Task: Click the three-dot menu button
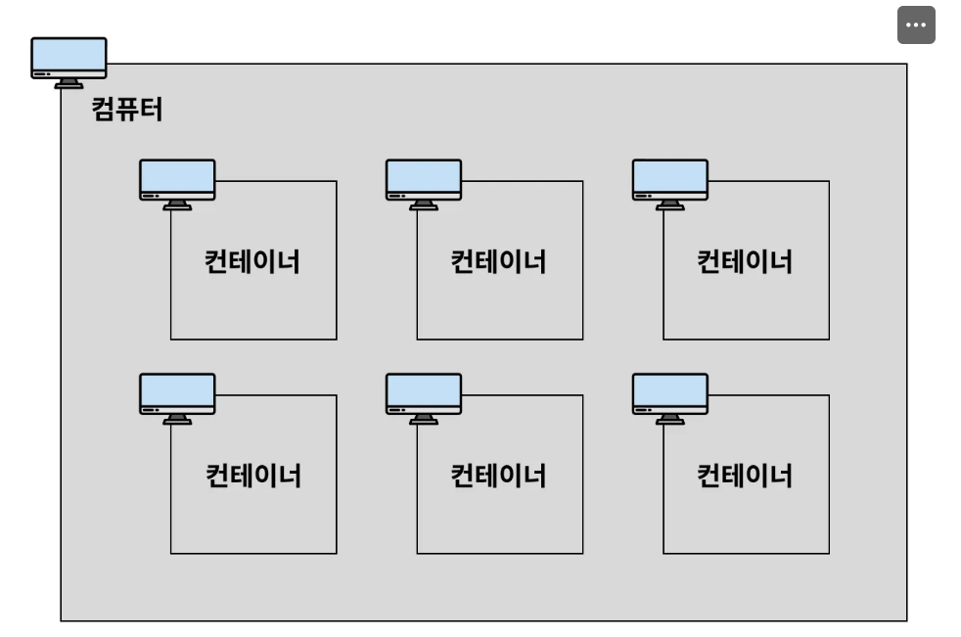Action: tap(916, 26)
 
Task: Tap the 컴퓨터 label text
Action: tap(127, 108)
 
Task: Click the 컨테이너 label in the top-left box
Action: tap(252, 262)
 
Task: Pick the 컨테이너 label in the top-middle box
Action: tap(498, 262)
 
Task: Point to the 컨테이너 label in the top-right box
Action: tap(744, 262)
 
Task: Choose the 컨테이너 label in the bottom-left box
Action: tap(252, 477)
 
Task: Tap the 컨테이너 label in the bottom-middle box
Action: tap(498, 477)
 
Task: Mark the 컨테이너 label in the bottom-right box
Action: tap(744, 477)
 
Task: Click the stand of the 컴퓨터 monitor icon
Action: tap(69, 84)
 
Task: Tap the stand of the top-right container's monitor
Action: tap(670, 205)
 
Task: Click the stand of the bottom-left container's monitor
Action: tap(177, 420)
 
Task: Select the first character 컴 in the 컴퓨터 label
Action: tap(104, 108)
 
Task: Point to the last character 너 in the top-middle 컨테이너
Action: tap(533, 262)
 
